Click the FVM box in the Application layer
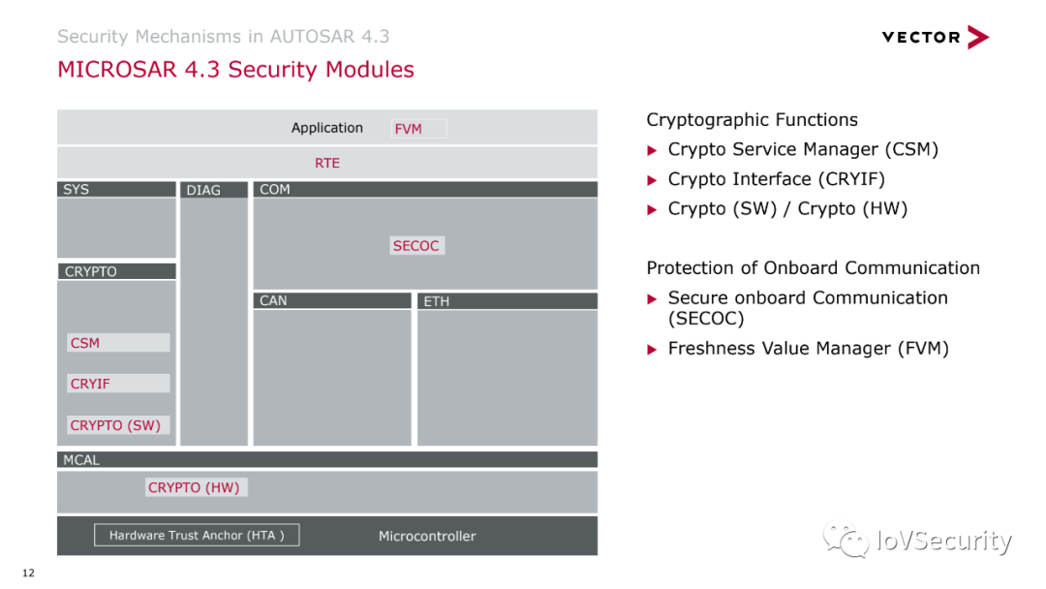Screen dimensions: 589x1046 click(418, 129)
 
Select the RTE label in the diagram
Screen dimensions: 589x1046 click(327, 163)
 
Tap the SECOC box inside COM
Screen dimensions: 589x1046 click(416, 246)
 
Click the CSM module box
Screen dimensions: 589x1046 click(117, 343)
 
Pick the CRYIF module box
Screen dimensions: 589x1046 click(117, 384)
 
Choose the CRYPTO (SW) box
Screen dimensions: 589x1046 click(117, 425)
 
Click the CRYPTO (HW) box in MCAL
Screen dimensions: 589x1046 click(195, 487)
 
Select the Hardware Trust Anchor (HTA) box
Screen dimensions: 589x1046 click(197, 535)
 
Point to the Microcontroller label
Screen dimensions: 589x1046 click(427, 536)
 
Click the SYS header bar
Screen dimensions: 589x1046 click(116, 189)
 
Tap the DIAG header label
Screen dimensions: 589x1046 click(204, 190)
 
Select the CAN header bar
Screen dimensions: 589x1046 click(332, 300)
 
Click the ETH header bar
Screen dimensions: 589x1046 click(507, 301)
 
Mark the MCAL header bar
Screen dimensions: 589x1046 click(327, 460)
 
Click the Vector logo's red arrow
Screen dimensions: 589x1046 click(977, 38)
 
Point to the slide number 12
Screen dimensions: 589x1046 click(28, 573)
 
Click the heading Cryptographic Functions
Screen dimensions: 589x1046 click(752, 120)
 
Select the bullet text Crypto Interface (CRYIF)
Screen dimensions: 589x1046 click(776, 179)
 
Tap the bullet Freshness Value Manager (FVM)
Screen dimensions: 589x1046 click(808, 348)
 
